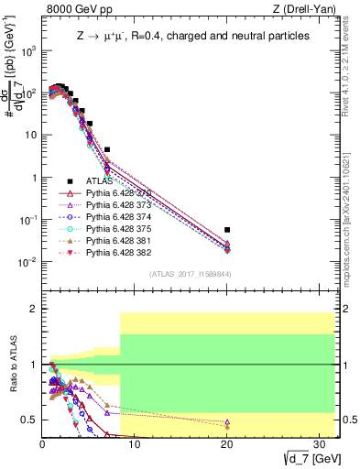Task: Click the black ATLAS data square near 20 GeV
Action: point(227,230)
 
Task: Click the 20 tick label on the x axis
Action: point(226,445)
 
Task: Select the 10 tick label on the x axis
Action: point(135,445)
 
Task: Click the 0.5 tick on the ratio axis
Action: point(29,420)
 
